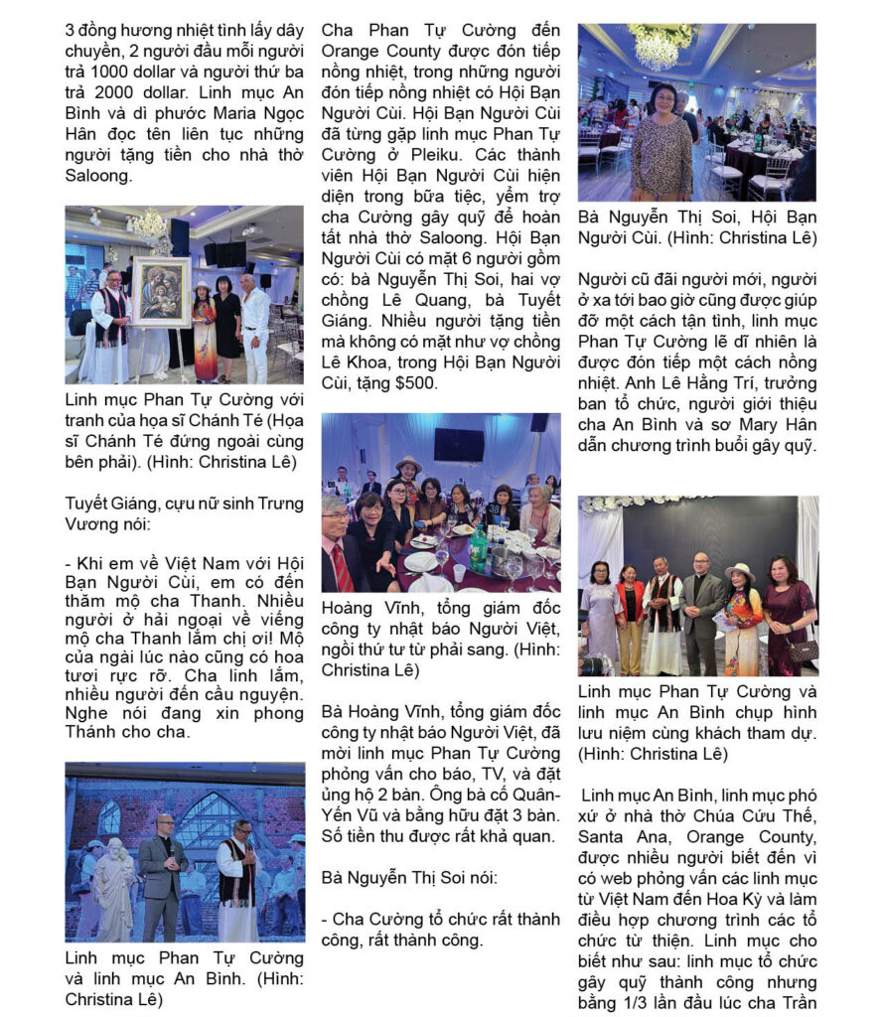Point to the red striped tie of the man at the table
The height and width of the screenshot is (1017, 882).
(342, 566)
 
